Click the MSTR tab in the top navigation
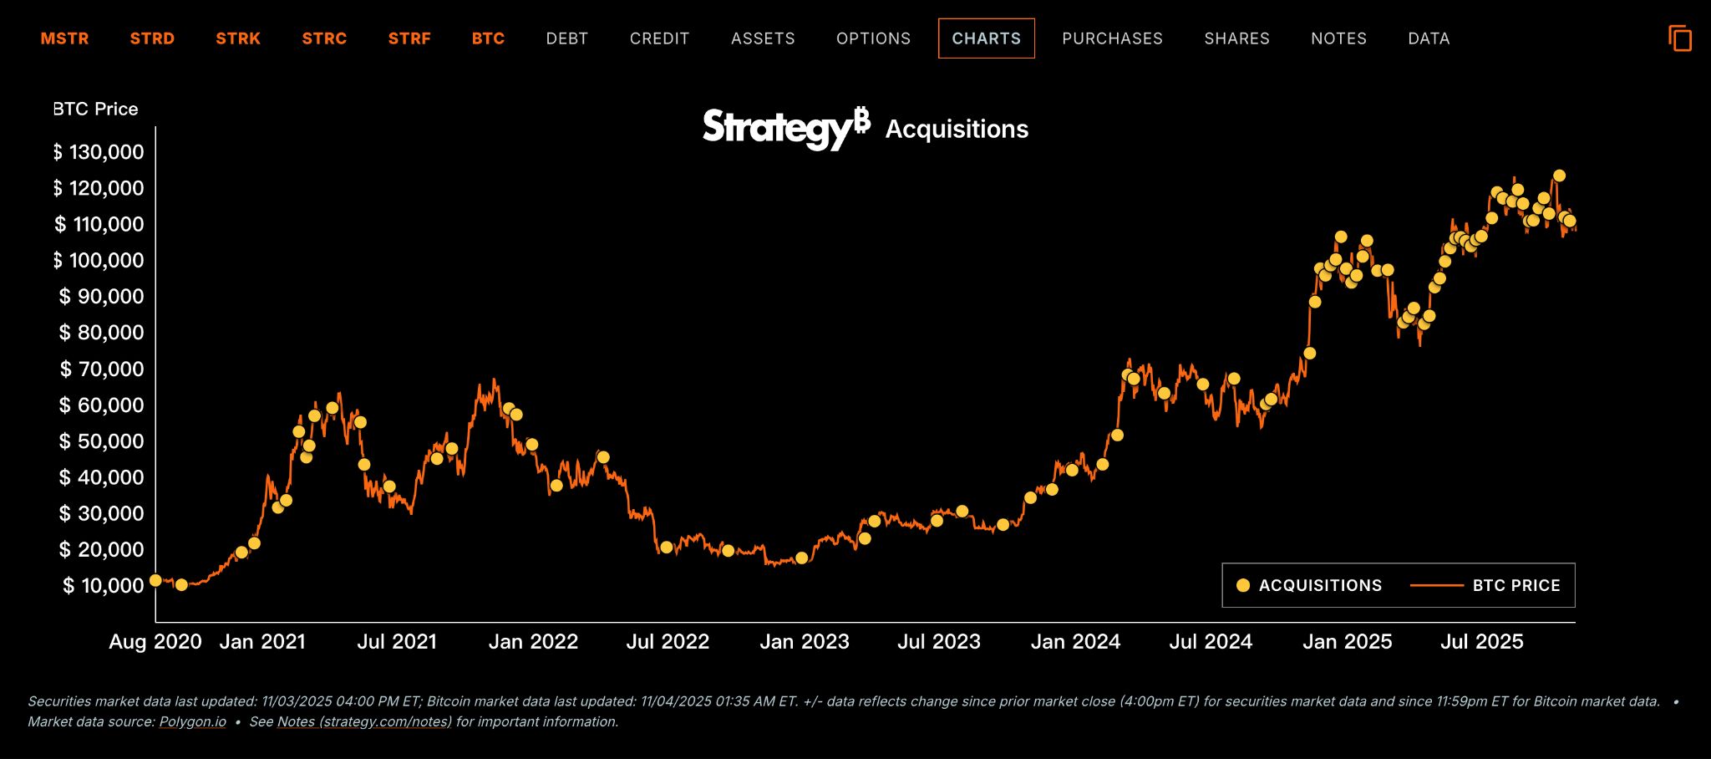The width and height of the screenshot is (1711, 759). click(x=64, y=38)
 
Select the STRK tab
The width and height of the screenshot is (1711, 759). click(x=238, y=38)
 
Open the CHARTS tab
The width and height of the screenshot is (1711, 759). click(x=986, y=38)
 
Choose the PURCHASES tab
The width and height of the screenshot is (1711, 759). click(x=1112, y=38)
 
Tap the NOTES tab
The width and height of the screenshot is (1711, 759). click(x=1338, y=38)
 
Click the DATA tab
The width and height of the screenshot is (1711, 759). click(x=1429, y=38)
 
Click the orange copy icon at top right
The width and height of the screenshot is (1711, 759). click(x=1679, y=38)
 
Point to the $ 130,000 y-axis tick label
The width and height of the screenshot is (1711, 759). click(x=99, y=152)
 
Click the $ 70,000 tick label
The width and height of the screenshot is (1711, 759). click(x=101, y=369)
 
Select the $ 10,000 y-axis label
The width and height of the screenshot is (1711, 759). click(x=103, y=585)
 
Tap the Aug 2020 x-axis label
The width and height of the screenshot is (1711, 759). click(x=155, y=642)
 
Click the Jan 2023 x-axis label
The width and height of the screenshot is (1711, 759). click(x=804, y=642)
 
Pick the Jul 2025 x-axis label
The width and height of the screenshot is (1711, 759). click(x=1481, y=642)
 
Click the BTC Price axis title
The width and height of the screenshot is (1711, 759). click(x=95, y=110)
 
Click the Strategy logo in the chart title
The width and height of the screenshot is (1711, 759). click(x=785, y=128)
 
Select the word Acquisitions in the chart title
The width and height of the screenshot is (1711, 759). click(x=957, y=130)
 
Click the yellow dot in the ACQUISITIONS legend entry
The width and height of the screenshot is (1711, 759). click(x=1243, y=585)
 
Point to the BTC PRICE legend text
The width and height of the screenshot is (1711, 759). click(x=1516, y=585)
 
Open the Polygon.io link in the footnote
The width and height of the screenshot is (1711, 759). click(x=192, y=721)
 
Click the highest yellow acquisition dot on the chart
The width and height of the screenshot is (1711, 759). click(x=1559, y=176)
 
